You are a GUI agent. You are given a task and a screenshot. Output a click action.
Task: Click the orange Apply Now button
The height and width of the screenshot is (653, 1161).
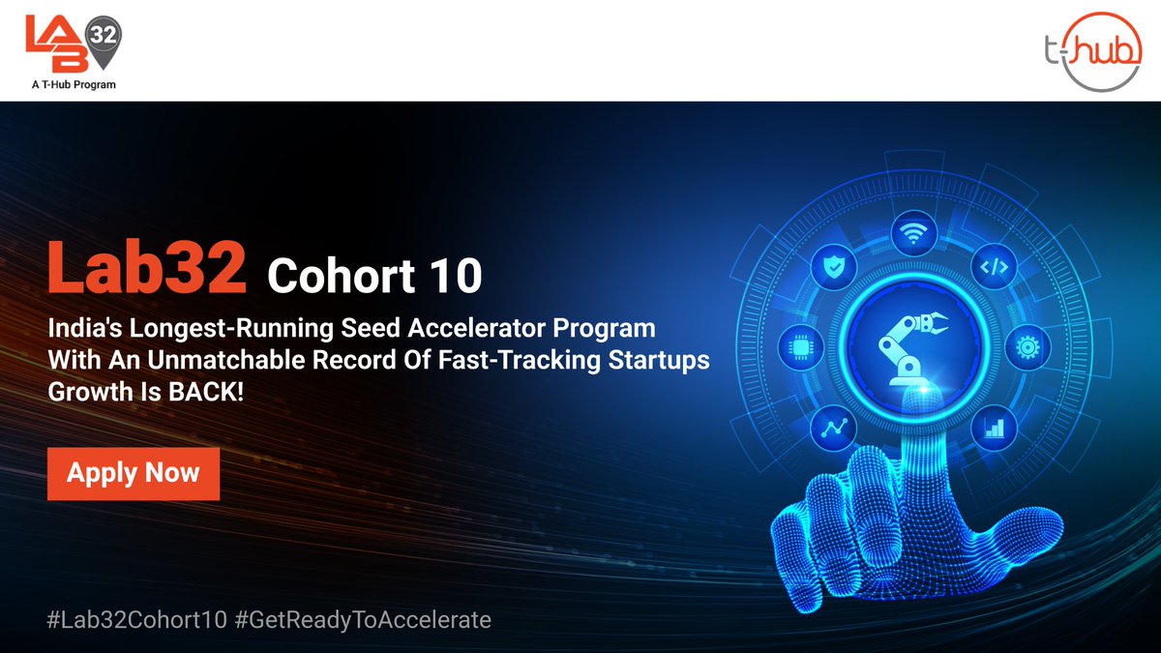point(134,473)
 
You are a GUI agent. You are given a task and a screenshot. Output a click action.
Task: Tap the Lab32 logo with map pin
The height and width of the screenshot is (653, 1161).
point(73,43)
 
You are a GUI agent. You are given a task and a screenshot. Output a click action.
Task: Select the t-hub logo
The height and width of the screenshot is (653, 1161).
point(1094,50)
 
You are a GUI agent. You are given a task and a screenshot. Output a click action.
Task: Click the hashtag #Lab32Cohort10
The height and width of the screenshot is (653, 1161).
point(136,619)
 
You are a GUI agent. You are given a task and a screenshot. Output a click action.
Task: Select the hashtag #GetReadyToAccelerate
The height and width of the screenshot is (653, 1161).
point(363,619)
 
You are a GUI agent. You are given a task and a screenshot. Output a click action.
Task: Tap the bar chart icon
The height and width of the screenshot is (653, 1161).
point(994,427)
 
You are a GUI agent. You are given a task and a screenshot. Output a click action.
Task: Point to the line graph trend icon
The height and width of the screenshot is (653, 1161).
point(832,427)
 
